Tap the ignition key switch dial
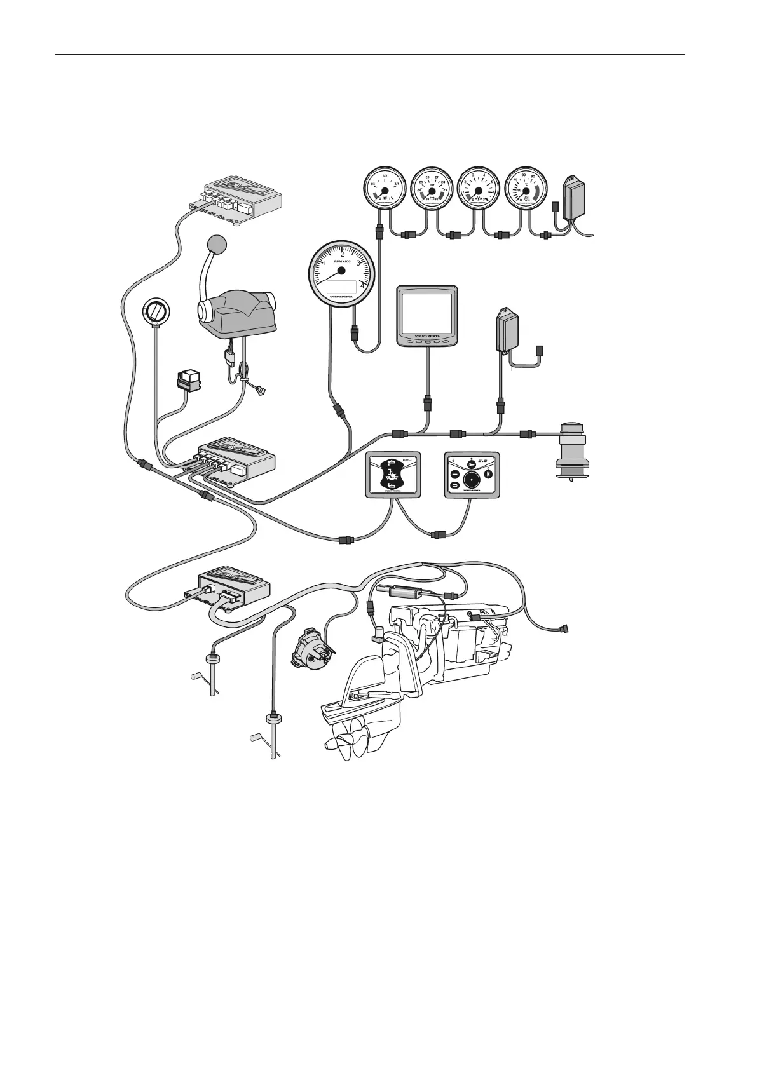click(x=156, y=312)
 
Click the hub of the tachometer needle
click(x=341, y=270)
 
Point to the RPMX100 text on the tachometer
click(x=342, y=261)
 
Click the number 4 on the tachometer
click(x=363, y=285)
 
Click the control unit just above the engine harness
click(x=234, y=586)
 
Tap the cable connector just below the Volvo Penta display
click(x=428, y=402)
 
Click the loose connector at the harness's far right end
click(x=563, y=630)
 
